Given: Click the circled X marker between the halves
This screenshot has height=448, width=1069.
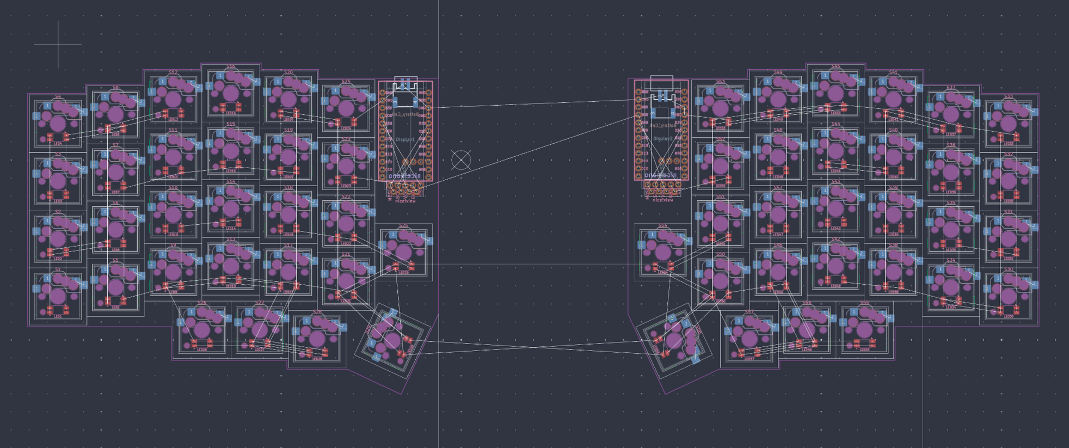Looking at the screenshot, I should [x=461, y=160].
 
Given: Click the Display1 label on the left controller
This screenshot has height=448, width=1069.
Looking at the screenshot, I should [x=405, y=139].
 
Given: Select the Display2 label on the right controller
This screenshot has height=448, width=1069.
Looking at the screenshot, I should [x=662, y=139].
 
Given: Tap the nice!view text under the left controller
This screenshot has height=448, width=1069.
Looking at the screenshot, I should [x=405, y=201].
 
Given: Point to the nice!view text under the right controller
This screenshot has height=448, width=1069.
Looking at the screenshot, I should [x=662, y=200].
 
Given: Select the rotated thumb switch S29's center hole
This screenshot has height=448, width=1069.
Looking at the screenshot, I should [x=392, y=340].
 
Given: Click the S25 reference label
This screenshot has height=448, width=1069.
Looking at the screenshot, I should [x=403, y=225].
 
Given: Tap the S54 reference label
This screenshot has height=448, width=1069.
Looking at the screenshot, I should [x=662, y=225].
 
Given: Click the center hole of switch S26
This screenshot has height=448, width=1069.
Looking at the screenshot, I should [x=201, y=329].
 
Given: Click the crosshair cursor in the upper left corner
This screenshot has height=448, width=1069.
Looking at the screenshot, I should [x=58, y=44].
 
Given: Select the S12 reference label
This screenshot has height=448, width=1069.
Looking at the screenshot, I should [x=173, y=72].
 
